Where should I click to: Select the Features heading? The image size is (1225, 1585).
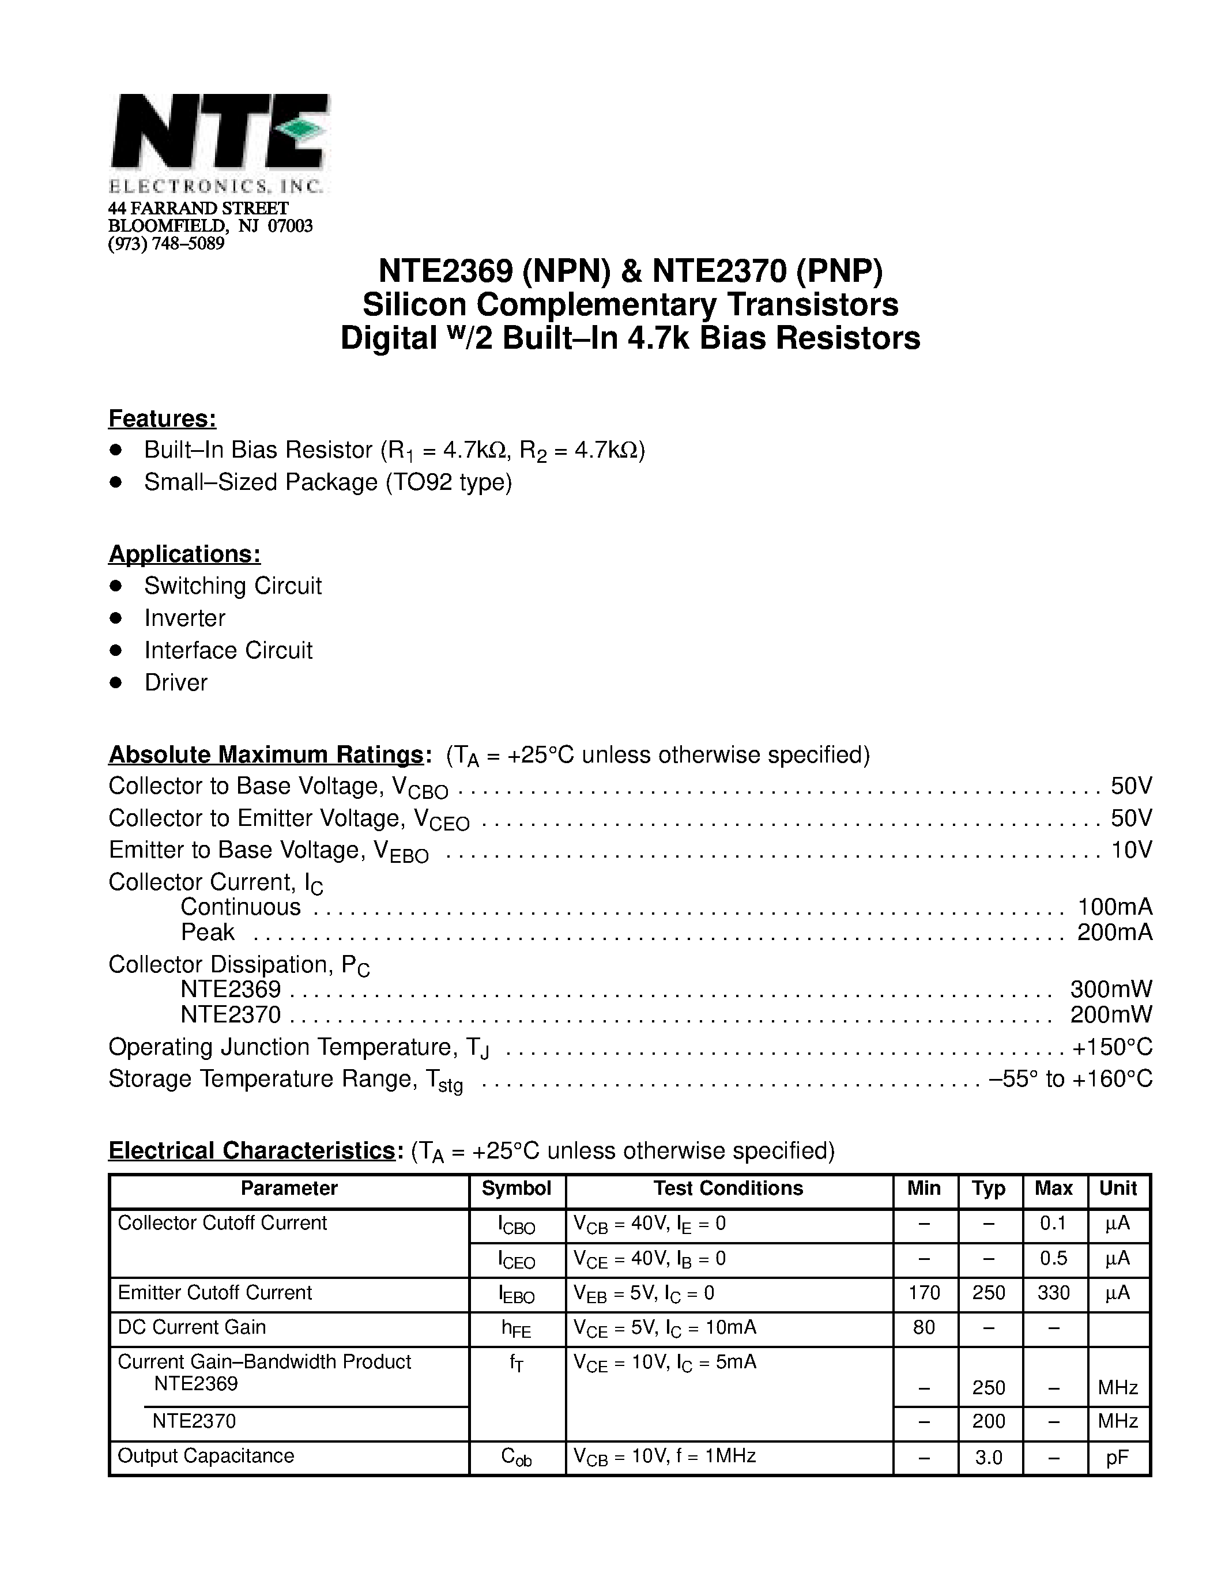pos(162,419)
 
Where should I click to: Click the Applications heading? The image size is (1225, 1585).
pos(184,554)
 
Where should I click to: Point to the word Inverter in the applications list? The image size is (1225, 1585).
pos(184,618)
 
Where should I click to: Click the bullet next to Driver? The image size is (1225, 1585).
pos(115,682)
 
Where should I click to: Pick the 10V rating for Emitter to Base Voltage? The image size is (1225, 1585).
pos(1130,850)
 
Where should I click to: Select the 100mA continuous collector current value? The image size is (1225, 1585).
pos(1115,907)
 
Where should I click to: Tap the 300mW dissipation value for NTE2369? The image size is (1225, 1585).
pos(1110,989)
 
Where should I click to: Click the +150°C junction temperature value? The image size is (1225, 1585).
pos(1113,1047)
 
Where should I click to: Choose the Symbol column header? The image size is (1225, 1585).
pos(516,1188)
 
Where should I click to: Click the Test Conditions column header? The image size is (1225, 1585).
pos(728,1188)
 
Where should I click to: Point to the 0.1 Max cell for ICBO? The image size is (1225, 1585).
pos(1053,1224)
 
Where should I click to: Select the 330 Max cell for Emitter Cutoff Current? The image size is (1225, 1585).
pos(1053,1293)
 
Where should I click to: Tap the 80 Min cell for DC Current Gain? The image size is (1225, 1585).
pos(924,1327)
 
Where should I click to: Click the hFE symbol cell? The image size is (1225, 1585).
pos(516,1329)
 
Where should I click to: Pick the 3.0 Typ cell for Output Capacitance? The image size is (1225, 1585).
pos(989,1456)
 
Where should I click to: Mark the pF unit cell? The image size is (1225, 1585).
pos(1118,1456)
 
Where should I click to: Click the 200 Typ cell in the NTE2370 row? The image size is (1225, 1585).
pos(989,1421)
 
